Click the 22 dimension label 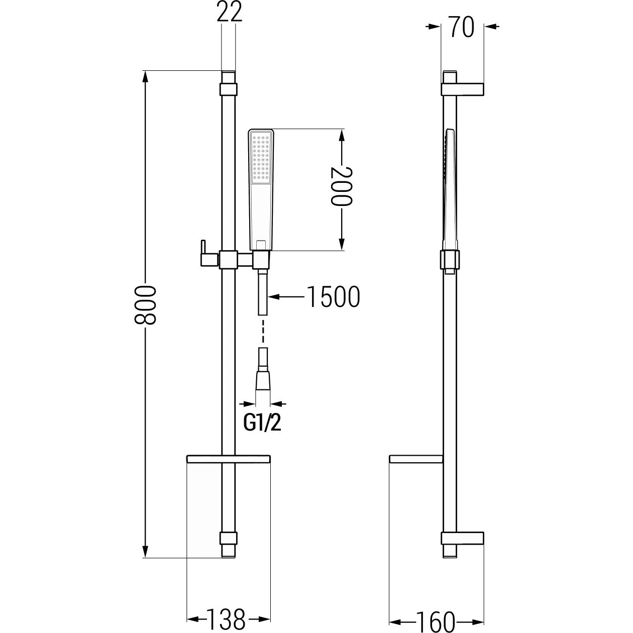[x=229, y=12]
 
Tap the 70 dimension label [x=462, y=27]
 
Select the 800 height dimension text [x=145, y=305]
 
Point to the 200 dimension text [x=342, y=186]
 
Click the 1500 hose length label [x=333, y=296]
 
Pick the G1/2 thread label [x=262, y=424]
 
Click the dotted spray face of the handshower [x=261, y=158]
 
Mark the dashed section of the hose [x=262, y=331]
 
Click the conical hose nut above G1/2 [x=262, y=381]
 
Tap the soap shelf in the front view [x=228, y=459]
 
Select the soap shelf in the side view [x=416, y=459]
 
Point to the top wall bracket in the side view [x=463, y=89]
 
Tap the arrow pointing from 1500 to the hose [x=285, y=296]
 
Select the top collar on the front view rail [x=228, y=89]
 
